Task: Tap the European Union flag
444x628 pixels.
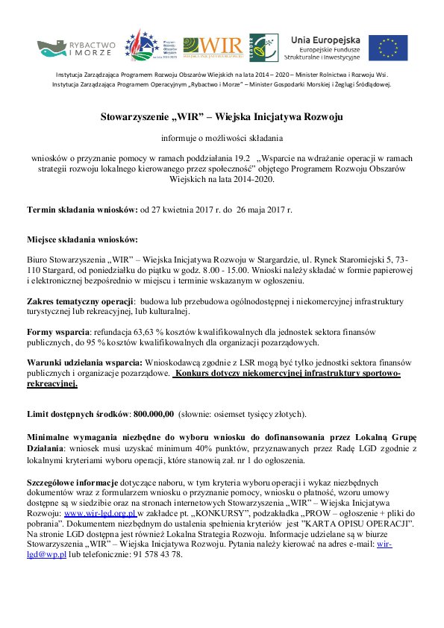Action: [387, 48]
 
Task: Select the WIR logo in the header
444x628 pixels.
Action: [214, 47]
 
